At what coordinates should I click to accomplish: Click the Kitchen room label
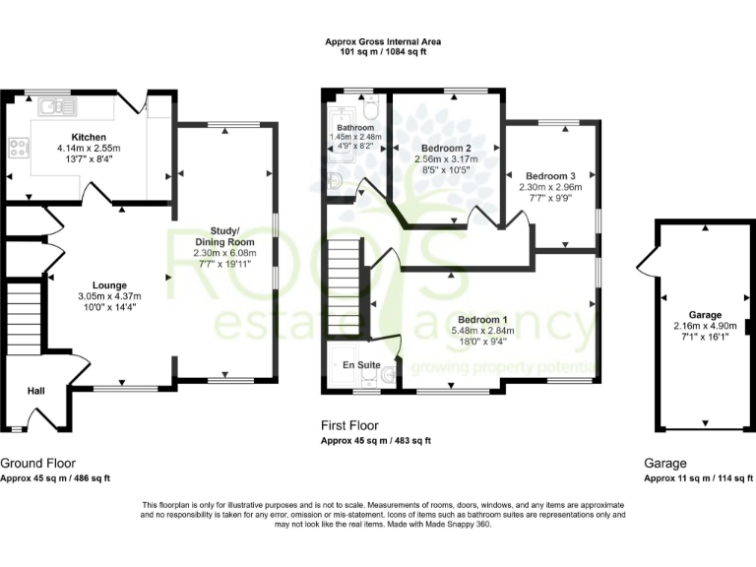tap(88, 137)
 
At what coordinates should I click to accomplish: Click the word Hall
tap(36, 392)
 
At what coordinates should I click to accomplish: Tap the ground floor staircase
tap(23, 314)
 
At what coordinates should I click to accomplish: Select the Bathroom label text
tap(354, 128)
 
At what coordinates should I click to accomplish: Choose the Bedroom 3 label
tap(550, 173)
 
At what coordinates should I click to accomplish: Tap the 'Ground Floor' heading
tap(37, 463)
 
